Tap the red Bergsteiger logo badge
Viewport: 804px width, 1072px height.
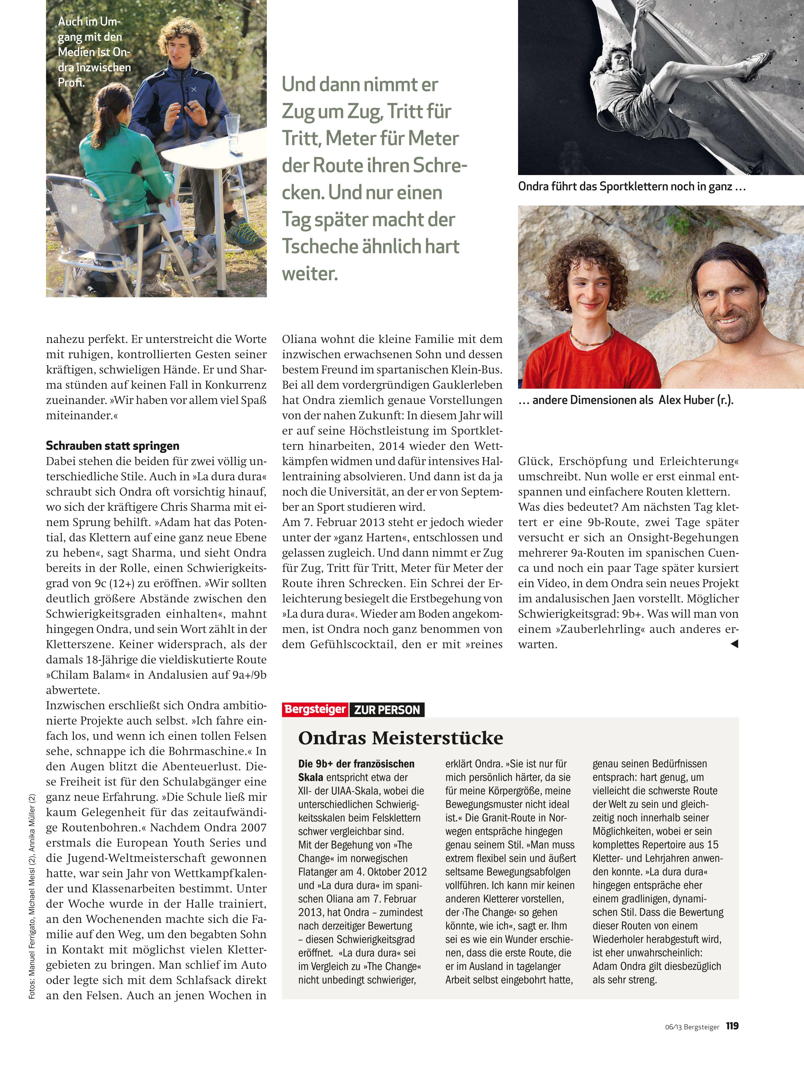pyautogui.click(x=315, y=710)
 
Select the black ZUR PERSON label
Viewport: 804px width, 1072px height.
pyautogui.click(x=387, y=710)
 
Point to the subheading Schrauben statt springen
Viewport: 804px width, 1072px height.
pyautogui.click(x=112, y=446)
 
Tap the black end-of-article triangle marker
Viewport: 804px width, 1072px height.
pyautogui.click(x=734, y=643)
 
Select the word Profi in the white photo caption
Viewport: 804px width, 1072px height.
pyautogui.click(x=71, y=83)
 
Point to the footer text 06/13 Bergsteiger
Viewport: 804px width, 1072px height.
pyautogui.click(x=692, y=1027)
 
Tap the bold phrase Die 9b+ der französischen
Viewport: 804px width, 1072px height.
pyautogui.click(x=356, y=764)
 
